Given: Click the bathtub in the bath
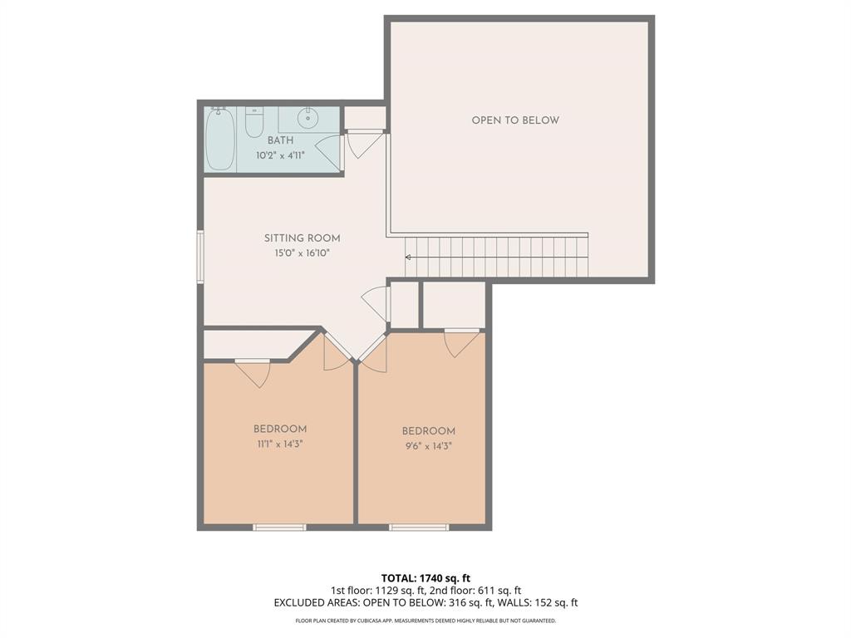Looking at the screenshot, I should pyautogui.click(x=220, y=139).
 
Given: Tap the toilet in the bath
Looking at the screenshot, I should pyautogui.click(x=254, y=123).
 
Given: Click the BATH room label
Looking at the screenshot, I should pyautogui.click(x=280, y=141).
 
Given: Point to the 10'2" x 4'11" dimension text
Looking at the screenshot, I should pyautogui.click(x=280, y=155).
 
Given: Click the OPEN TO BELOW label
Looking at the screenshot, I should pyautogui.click(x=515, y=120).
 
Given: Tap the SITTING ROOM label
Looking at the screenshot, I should pyautogui.click(x=303, y=238).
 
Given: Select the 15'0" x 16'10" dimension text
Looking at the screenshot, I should pyautogui.click(x=303, y=253).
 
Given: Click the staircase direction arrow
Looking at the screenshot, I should pyautogui.click(x=408, y=258).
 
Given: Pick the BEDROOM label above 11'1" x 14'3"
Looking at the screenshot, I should pyautogui.click(x=280, y=429).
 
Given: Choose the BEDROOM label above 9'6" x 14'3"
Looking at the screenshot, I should pyautogui.click(x=429, y=431).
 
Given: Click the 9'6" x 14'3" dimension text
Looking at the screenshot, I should pyautogui.click(x=429, y=445).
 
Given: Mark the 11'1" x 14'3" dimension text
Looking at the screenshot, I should pyautogui.click(x=280, y=444).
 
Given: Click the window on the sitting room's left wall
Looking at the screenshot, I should pyautogui.click(x=200, y=257).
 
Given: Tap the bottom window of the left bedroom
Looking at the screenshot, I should pyautogui.click(x=279, y=527).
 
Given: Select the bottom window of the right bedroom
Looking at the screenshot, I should pyautogui.click(x=419, y=527).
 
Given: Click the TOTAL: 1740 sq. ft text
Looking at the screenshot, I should pyautogui.click(x=425, y=578).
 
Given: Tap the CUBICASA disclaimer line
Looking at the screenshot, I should pyautogui.click(x=425, y=621).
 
